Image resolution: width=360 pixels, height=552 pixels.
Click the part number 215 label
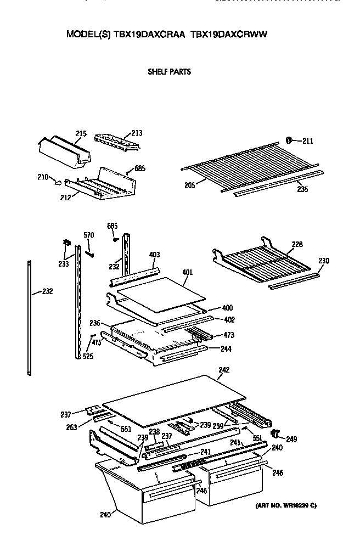pos(81,133)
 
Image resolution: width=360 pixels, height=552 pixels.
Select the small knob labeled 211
pos(290,140)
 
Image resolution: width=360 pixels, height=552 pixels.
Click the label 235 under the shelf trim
pos(302,189)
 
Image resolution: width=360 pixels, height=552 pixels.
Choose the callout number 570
pos(88,235)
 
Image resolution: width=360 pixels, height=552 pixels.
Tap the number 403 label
pos(154,254)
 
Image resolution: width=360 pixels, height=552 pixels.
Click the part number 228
pos(297,244)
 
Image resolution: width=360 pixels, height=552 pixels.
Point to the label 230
pos(324,261)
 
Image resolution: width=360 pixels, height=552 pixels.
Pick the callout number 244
pos(226,348)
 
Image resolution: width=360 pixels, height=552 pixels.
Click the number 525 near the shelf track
pos(88,357)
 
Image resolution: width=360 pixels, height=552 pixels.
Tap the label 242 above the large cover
pos(223,370)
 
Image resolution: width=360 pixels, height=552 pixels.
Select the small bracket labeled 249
pos(275,434)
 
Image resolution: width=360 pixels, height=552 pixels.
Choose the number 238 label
pos(155,431)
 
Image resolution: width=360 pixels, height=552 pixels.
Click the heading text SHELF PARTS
pos(169,71)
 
